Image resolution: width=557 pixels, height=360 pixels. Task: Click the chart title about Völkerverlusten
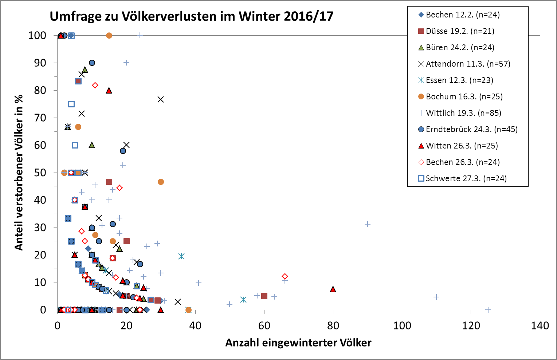192,16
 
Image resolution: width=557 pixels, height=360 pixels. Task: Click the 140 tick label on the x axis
540,326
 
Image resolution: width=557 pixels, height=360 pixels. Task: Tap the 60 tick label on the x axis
264,326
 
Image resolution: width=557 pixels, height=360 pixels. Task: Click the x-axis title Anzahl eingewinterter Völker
298,343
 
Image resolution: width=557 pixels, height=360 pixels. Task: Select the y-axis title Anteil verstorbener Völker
19,172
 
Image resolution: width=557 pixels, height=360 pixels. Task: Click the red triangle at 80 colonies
333,289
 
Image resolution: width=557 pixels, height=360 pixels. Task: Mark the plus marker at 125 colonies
488,310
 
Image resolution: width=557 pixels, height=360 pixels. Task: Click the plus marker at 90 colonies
368,224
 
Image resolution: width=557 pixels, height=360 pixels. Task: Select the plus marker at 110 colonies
436,297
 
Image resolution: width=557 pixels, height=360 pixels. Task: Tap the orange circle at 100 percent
109,35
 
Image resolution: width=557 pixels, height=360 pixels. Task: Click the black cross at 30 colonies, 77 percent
161,99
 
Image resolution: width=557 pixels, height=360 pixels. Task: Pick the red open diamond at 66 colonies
285,276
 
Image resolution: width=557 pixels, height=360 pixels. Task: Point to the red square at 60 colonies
264,296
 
